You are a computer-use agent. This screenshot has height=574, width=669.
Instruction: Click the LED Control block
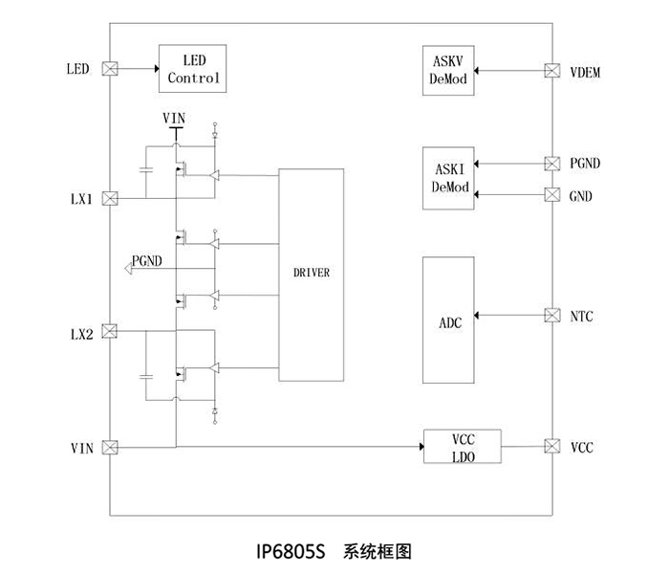194,68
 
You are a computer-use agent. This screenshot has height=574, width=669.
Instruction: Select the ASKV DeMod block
448,70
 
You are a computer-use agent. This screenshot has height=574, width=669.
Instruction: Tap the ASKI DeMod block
448,178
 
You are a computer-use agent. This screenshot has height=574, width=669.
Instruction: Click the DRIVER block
311,273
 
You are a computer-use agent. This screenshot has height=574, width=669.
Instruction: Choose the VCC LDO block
463,447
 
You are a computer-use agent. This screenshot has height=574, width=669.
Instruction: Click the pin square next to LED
109,69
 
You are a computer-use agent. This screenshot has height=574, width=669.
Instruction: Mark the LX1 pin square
109,198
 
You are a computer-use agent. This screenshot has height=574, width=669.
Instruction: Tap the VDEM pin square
551,70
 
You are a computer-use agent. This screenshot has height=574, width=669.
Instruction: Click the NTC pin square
551,315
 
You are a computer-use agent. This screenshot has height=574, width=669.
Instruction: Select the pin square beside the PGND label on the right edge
551,163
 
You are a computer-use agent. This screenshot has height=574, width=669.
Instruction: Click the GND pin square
551,195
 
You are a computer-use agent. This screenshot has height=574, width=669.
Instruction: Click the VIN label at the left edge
81,448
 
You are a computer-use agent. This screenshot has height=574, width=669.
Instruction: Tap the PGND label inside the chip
148,261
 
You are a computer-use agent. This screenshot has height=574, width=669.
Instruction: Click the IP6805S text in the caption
291,552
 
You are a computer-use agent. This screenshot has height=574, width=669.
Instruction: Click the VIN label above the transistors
174,118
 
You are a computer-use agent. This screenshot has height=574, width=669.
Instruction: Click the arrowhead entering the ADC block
481,315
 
